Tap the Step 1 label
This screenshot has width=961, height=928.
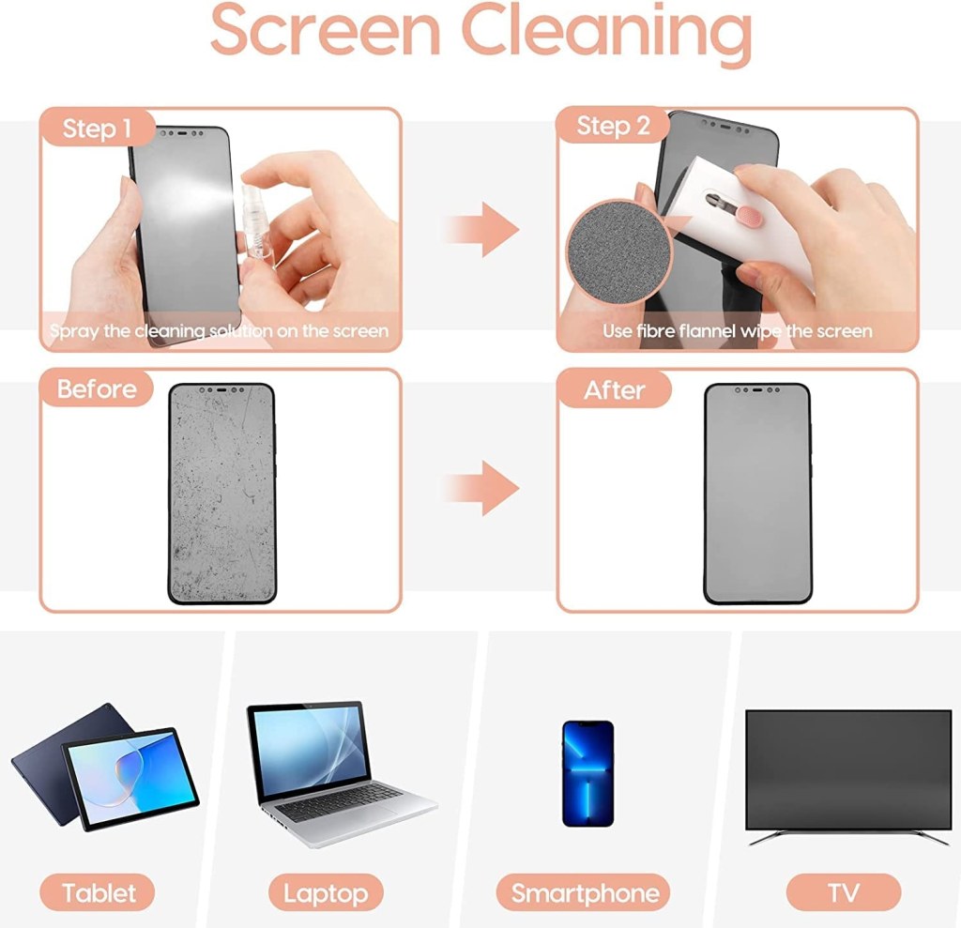(x=97, y=129)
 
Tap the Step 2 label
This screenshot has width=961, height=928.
(x=613, y=127)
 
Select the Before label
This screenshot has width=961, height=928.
(x=97, y=388)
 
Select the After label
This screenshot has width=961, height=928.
(x=615, y=389)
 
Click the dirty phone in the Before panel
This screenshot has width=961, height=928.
(x=221, y=493)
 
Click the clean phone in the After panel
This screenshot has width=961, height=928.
(x=756, y=493)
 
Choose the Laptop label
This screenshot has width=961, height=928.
(x=326, y=892)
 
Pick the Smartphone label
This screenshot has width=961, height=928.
(x=585, y=892)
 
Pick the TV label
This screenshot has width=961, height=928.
(x=843, y=892)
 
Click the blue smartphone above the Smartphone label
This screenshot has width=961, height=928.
(x=587, y=773)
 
